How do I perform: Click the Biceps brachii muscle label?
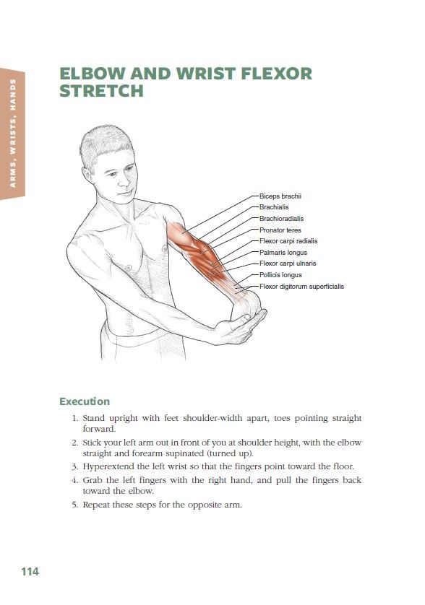point(280,196)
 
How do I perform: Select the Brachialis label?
point(274,207)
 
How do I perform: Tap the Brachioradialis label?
point(281,219)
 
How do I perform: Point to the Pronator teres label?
point(280,230)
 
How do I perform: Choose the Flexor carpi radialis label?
point(288,241)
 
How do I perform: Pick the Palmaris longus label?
point(283,253)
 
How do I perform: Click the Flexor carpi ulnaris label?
point(288,264)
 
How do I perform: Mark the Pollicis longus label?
point(280,275)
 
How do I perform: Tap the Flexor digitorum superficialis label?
point(301,287)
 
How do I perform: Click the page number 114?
point(30,572)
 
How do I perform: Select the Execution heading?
point(85,401)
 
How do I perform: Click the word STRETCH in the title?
point(102,91)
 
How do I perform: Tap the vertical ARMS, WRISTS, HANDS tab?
point(13,134)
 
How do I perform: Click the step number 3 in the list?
point(75,467)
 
